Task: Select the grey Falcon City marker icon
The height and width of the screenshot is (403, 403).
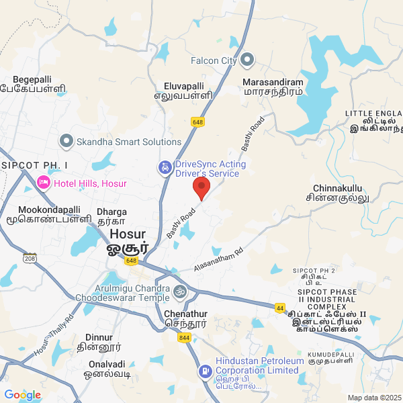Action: coord(247,60)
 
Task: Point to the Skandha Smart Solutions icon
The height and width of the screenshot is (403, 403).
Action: coord(66,141)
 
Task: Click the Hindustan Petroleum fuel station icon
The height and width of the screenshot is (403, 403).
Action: coord(204,371)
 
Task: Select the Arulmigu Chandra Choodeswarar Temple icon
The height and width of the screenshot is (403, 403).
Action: coord(179,292)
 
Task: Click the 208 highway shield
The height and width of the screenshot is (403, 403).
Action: coord(29,258)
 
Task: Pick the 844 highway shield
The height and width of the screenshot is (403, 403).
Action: coord(184,338)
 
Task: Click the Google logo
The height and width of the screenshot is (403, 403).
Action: coord(22,395)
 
